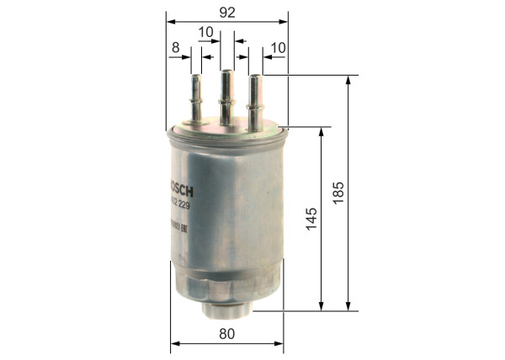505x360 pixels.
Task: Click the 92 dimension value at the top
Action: [x=227, y=13]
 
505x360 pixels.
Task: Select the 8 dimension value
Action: [x=176, y=49]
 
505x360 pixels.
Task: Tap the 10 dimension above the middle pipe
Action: [x=205, y=32]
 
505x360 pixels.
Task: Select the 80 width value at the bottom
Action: [x=226, y=333]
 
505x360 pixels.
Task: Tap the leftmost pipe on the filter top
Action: [x=196, y=98]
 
